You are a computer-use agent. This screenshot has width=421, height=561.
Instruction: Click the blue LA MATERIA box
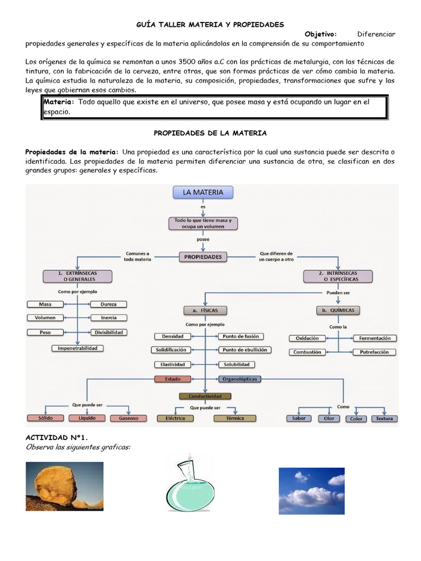203,192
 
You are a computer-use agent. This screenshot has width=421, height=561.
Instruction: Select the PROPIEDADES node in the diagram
203,256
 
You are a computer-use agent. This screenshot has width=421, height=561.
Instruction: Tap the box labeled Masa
45,304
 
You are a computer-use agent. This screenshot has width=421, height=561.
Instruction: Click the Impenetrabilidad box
77,348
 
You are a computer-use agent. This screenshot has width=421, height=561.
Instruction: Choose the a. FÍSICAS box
205,310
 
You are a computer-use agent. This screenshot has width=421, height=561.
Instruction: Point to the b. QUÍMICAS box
338,310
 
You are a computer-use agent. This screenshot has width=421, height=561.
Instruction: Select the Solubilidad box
236,364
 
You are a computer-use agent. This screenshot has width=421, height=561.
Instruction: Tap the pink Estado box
173,379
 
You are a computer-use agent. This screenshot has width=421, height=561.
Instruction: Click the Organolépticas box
240,379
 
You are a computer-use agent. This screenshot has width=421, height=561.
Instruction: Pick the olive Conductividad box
205,396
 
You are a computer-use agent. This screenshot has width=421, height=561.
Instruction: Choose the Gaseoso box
128,418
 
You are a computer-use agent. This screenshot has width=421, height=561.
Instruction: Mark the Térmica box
235,418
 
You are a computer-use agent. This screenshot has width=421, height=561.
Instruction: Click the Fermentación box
376,338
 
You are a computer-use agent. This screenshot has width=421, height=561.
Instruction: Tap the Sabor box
299,418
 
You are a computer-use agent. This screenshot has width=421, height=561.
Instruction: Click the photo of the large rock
65,486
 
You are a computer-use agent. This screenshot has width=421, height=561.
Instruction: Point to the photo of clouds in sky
311,491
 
